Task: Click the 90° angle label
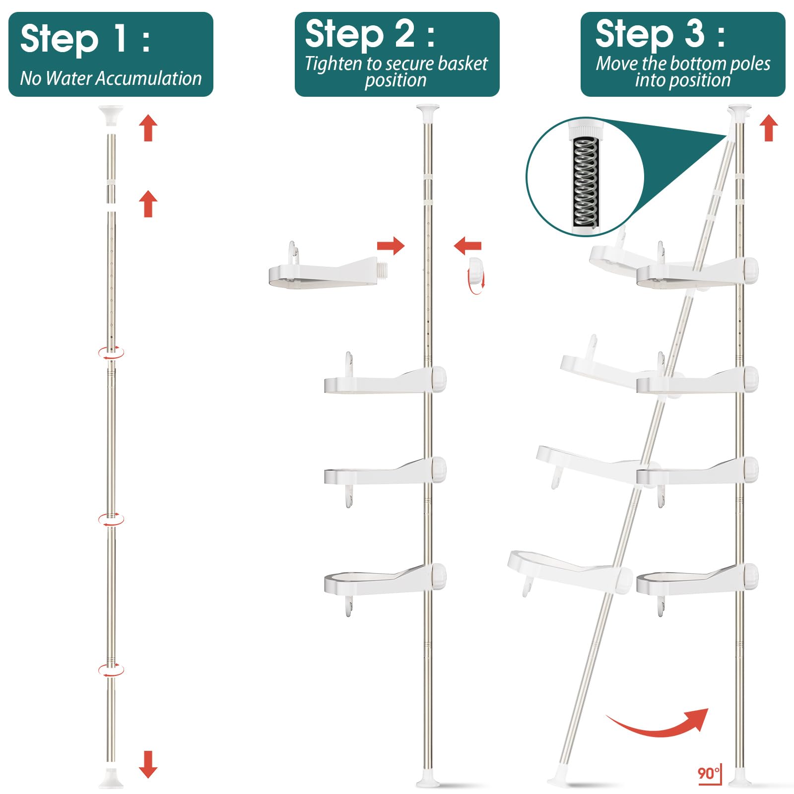709,773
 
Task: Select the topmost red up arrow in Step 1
148,128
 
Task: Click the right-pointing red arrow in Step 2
391,246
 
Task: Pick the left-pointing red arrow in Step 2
467,246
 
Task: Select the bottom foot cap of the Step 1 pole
111,778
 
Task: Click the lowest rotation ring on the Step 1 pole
111,670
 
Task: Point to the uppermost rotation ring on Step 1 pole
111,353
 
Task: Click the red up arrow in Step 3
769,128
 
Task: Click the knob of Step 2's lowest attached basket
438,576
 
